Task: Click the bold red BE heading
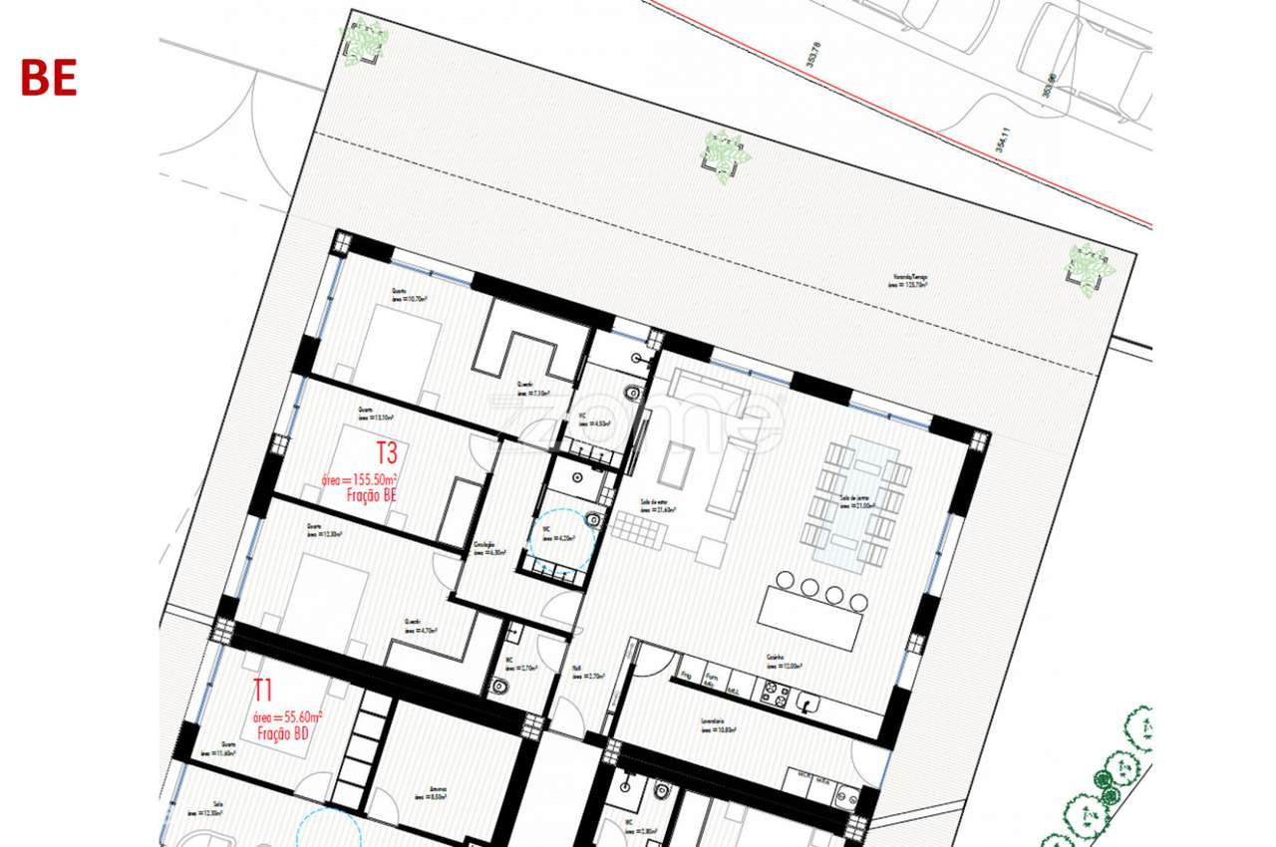[x=49, y=78]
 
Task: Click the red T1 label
[x=262, y=690]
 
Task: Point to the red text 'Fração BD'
[x=282, y=734]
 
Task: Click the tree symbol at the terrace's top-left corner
[x=363, y=42]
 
